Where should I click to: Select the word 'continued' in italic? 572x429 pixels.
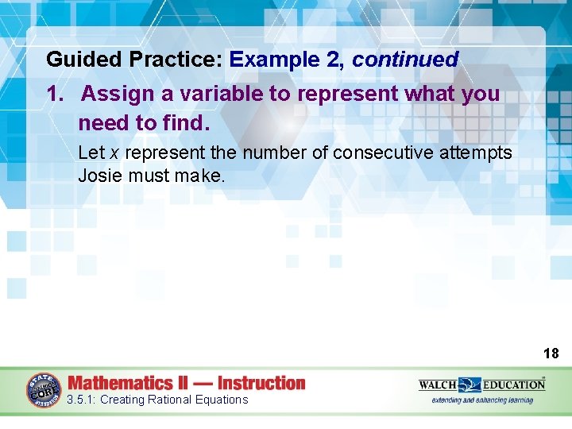click(405, 60)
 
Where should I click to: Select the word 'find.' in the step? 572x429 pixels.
click(186, 123)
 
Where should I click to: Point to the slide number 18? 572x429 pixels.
click(551, 354)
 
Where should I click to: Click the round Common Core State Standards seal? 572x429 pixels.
click(43, 390)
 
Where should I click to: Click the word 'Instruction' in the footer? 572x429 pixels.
click(261, 383)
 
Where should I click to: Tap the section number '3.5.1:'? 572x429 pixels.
click(82, 400)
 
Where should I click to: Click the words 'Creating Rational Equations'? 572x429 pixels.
click(174, 400)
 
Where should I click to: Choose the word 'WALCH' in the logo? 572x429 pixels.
click(438, 385)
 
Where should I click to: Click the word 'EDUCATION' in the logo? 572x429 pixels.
click(516, 385)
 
